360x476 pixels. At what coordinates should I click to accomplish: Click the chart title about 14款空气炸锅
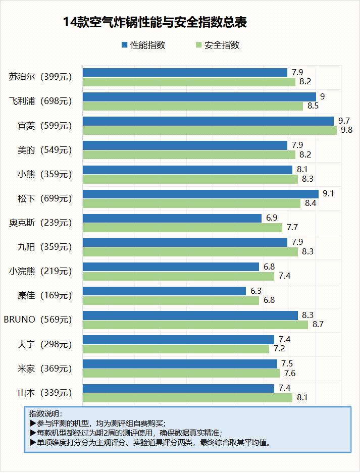click(x=155, y=23)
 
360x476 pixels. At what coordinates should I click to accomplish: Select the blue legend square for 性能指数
click(x=125, y=45)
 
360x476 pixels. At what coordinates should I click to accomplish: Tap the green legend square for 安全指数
click(x=199, y=45)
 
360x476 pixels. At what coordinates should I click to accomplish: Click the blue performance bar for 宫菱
click(x=208, y=121)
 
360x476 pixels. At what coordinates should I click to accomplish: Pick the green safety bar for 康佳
click(x=170, y=300)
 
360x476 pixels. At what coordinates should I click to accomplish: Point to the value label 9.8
click(x=347, y=130)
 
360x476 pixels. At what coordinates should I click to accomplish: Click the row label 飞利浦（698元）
click(x=41, y=101)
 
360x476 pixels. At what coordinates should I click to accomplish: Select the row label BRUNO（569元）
click(x=38, y=320)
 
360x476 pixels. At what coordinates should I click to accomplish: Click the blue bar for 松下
click(x=200, y=194)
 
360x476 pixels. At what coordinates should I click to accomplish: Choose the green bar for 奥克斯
click(x=182, y=228)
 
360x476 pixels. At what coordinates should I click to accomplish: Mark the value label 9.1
click(x=329, y=194)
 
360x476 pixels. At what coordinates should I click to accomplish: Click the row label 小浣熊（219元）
click(x=41, y=271)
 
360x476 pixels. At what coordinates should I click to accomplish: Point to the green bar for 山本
click(x=187, y=398)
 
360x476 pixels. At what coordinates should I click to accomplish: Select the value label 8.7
click(x=318, y=325)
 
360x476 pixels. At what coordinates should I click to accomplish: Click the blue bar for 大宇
click(x=178, y=339)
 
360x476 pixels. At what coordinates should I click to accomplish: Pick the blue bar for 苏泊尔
click(x=184, y=72)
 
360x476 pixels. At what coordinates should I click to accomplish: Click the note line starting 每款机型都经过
click(x=126, y=433)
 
